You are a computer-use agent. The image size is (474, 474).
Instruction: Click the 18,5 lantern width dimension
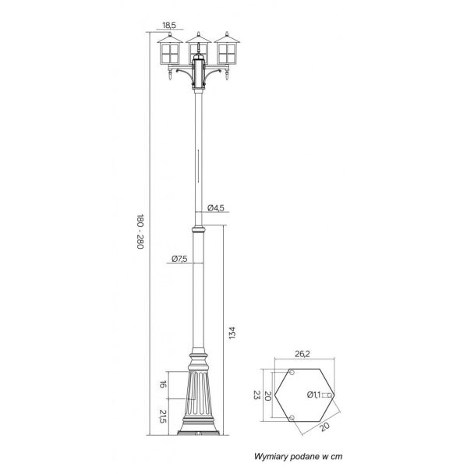pyautogui.click(x=169, y=25)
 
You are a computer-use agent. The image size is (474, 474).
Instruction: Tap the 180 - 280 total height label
pyautogui.click(x=140, y=232)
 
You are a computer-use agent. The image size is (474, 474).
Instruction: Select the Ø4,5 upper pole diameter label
pyautogui.click(x=216, y=208)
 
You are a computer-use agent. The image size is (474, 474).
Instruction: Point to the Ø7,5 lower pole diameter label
pyautogui.click(x=179, y=259)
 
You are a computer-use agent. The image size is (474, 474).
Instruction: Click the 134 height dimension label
pyautogui.click(x=232, y=333)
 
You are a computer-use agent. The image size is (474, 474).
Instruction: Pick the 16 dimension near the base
pyautogui.click(x=163, y=385)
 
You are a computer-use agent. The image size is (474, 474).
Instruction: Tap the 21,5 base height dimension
pyautogui.click(x=163, y=416)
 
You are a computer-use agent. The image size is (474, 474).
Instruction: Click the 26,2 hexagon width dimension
pyautogui.click(x=302, y=354)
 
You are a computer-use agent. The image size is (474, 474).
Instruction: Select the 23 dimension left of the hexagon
pyautogui.click(x=256, y=394)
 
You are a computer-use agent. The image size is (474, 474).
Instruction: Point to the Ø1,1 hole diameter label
pyautogui.click(x=313, y=394)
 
